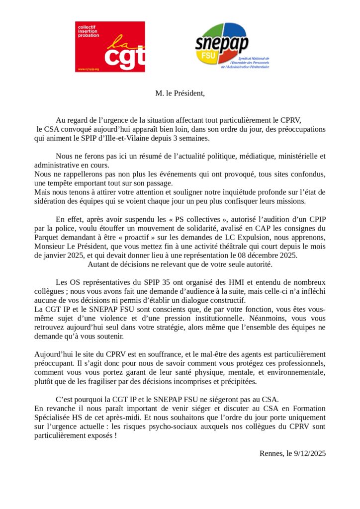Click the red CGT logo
[x=110, y=47]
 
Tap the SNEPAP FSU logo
[x=232, y=46]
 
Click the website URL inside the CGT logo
[x=88, y=69]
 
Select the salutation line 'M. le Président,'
[x=180, y=93]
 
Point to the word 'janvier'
[x=53, y=255]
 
